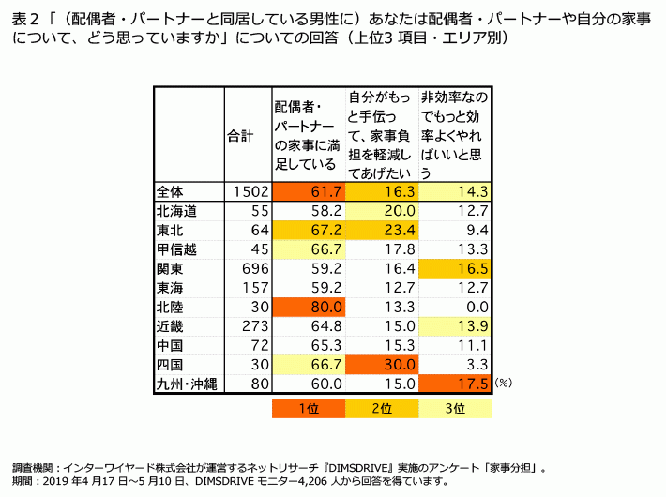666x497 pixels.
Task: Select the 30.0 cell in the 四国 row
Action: pos(382,364)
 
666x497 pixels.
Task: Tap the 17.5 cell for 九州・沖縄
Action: pos(456,384)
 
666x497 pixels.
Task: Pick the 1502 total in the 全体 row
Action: pos(248,191)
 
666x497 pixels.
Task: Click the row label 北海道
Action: pos(177,211)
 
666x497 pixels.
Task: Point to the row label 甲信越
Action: pos(177,249)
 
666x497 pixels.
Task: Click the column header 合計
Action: pos(241,136)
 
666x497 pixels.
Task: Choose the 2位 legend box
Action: pos(382,409)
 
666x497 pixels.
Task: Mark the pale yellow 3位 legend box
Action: pos(456,409)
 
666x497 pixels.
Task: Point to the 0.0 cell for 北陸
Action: pos(456,307)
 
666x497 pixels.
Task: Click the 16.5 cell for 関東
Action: pos(456,268)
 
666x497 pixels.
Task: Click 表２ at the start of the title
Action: pos(24,17)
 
